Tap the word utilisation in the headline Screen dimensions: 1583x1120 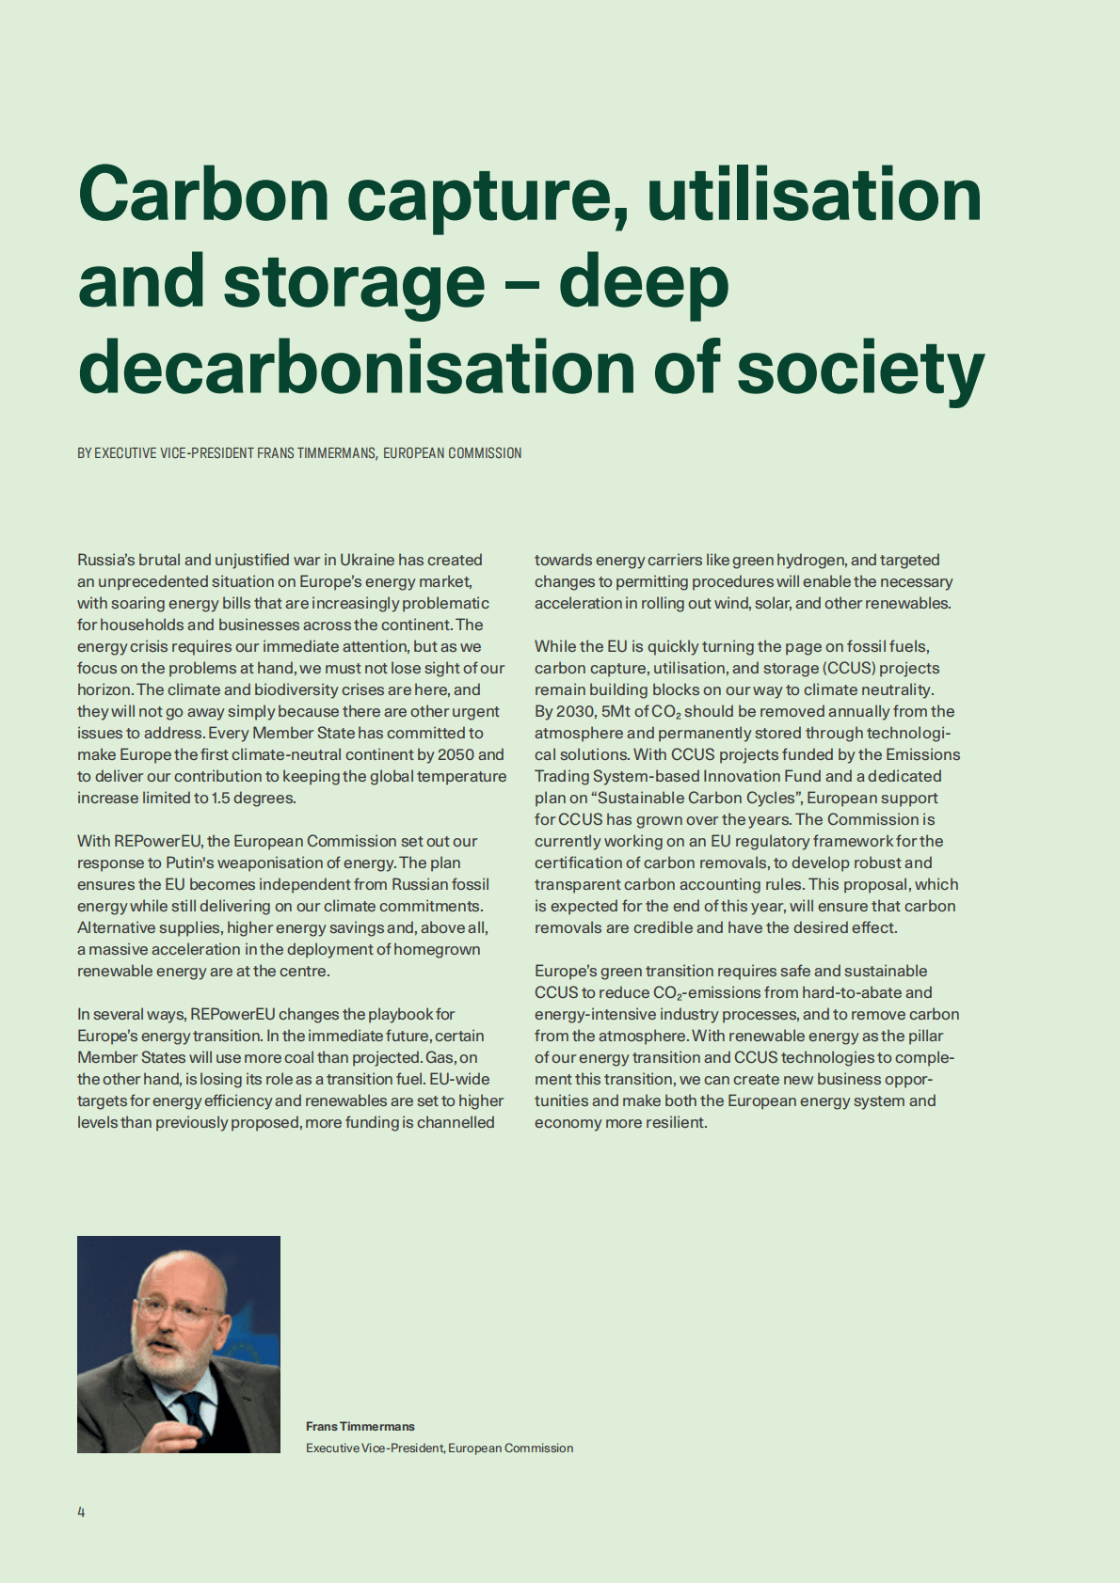(x=814, y=194)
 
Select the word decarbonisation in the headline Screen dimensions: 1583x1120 (x=357, y=368)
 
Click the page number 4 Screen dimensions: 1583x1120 (x=81, y=1512)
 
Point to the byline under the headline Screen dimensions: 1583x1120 (x=299, y=453)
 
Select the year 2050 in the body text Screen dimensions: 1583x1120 (x=456, y=754)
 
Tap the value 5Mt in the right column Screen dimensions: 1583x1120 (x=616, y=711)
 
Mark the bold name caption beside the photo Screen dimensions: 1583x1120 (x=360, y=1426)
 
